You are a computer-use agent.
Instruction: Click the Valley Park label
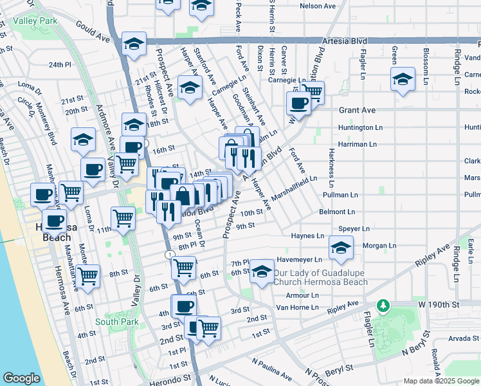coord(37,21)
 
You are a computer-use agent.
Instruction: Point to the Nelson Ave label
coord(318,6)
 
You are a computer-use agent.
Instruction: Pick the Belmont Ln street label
coord(338,212)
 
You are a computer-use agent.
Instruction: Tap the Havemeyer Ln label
coord(298,260)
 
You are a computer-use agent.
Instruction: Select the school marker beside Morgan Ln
coord(341,248)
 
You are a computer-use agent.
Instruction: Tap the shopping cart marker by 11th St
coord(123,217)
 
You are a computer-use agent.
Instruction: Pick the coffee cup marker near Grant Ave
coord(299,102)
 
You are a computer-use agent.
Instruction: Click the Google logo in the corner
coord(21,378)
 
